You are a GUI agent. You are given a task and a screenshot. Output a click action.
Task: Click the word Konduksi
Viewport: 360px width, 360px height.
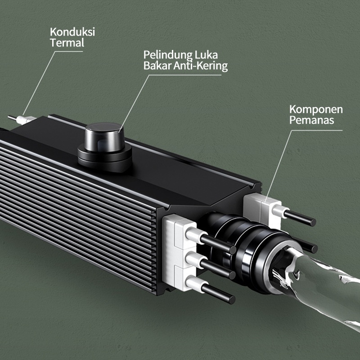[72, 31]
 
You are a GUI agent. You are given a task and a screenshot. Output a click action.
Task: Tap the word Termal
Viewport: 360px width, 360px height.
[67, 43]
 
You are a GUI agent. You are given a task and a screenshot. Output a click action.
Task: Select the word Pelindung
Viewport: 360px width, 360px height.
[168, 55]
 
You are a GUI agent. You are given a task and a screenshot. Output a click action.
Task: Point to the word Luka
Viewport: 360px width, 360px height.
[206, 54]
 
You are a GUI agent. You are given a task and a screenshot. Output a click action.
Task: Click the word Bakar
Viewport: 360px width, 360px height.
[157, 65]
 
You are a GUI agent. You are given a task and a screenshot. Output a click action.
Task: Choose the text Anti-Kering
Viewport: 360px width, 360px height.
[200, 66]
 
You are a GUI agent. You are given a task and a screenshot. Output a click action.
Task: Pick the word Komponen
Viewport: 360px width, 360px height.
[316, 110]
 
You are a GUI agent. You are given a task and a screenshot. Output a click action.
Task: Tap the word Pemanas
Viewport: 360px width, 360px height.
[311, 120]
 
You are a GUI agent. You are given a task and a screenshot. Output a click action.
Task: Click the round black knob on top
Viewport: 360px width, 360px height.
[104, 137]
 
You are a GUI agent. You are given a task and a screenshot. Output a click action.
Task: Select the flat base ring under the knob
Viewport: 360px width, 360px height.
[104, 158]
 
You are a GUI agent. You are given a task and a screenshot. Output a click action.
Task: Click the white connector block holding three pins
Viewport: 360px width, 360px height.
[180, 252]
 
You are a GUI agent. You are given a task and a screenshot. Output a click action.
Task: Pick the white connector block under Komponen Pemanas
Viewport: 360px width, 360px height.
[262, 209]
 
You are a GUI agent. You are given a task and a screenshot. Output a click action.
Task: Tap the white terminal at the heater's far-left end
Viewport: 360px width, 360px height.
[25, 120]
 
